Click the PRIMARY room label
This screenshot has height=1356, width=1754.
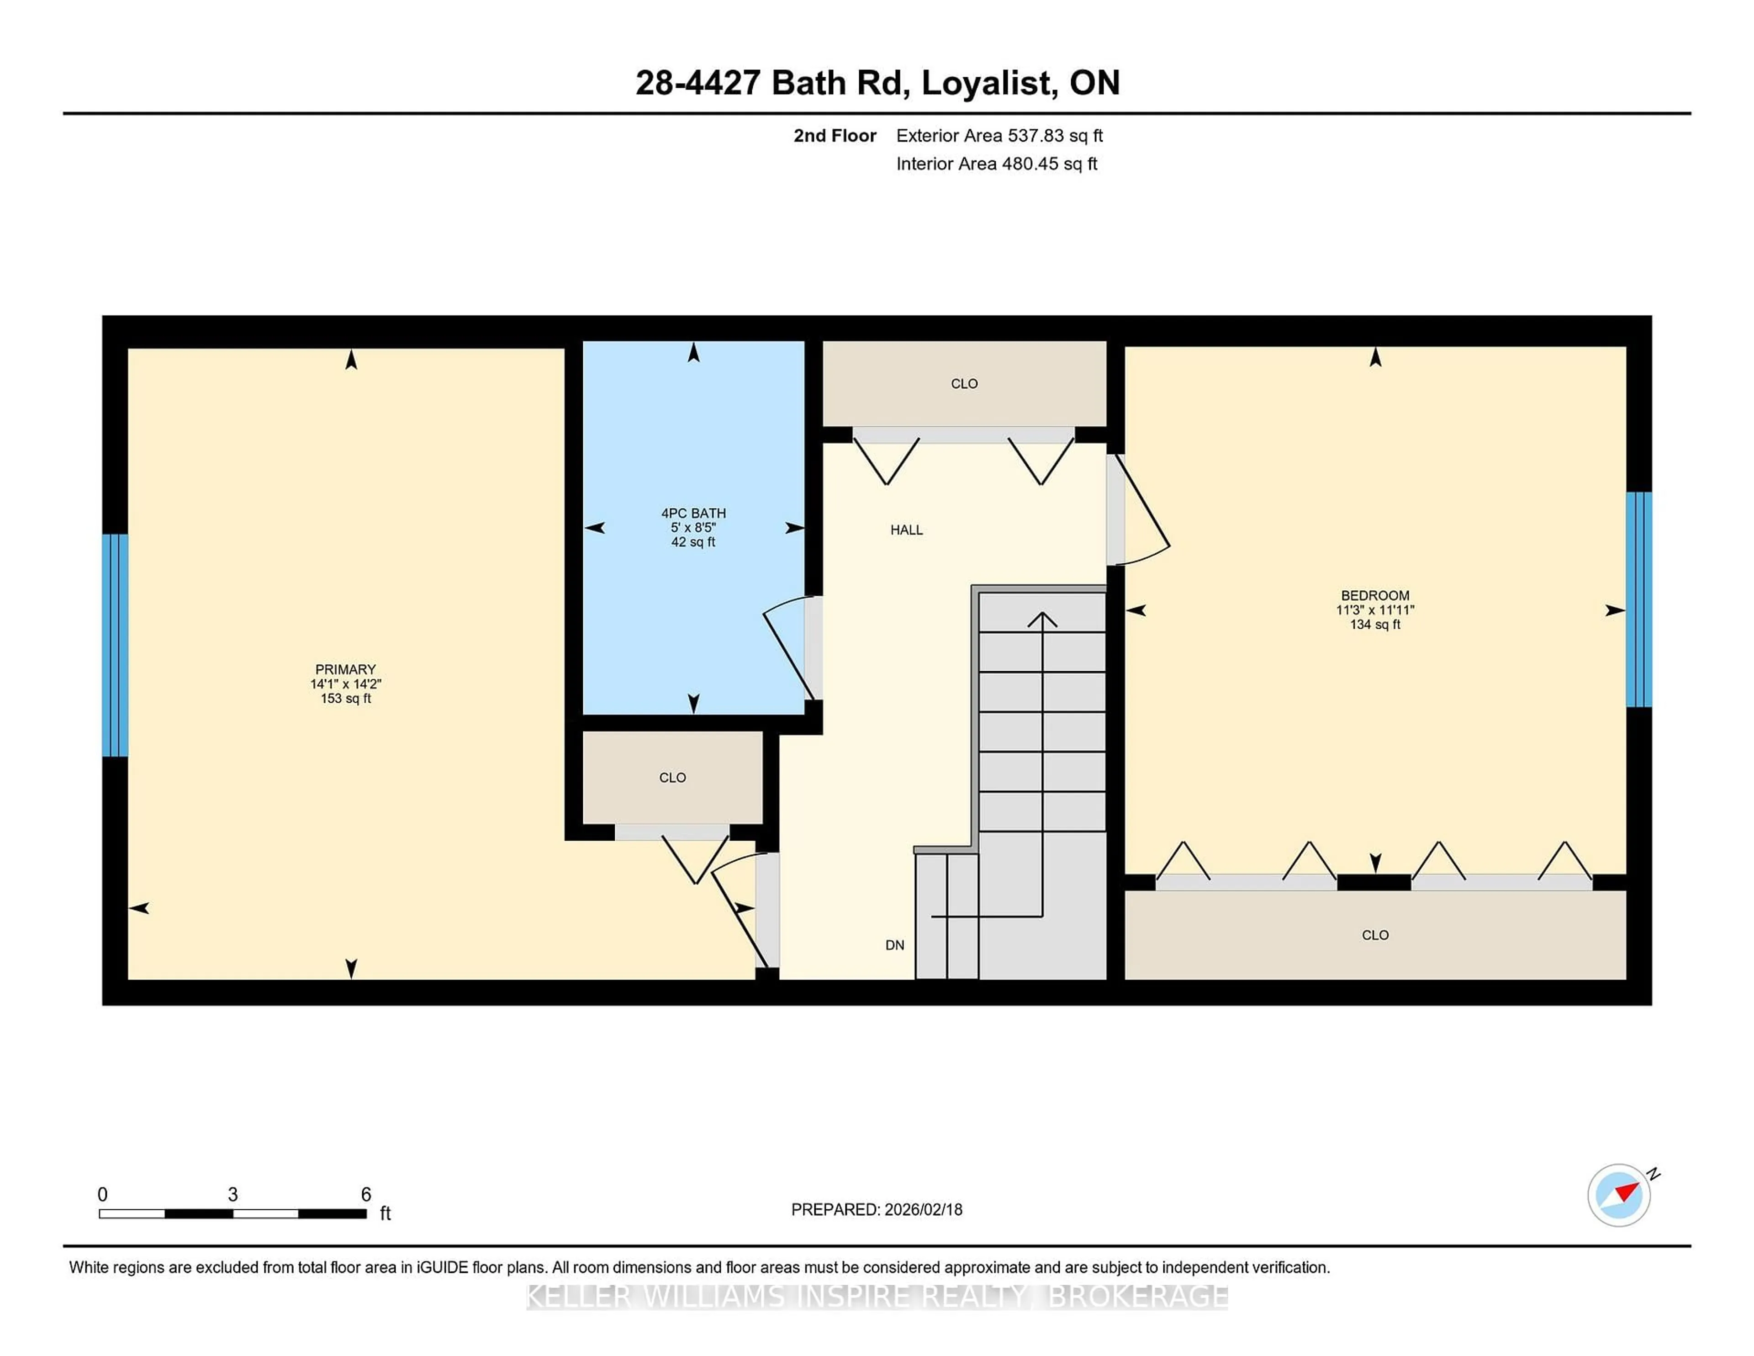point(345,669)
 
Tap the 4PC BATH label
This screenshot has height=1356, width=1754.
point(693,514)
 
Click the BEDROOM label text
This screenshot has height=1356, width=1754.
point(1375,595)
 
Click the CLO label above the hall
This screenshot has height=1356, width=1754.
point(964,384)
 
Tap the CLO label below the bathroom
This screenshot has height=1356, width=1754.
point(672,778)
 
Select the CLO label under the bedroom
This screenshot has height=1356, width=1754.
point(1375,935)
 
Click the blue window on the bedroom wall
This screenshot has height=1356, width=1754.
point(1638,599)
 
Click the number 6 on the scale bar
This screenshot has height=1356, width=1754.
point(366,1195)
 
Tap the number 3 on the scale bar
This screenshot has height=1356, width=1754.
point(233,1195)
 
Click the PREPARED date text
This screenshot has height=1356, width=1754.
point(876,1210)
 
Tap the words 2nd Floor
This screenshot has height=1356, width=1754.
point(835,136)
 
